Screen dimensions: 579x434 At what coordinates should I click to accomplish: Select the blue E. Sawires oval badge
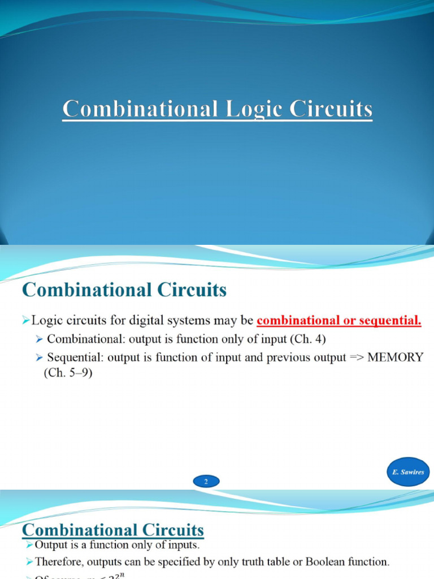[409, 472]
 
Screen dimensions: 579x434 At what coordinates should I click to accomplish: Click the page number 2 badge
[206, 482]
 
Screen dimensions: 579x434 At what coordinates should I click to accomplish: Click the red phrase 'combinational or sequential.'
[339, 321]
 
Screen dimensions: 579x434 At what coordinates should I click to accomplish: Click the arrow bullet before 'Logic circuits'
[25, 321]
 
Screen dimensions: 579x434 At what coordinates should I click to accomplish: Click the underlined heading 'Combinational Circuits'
[112, 530]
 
